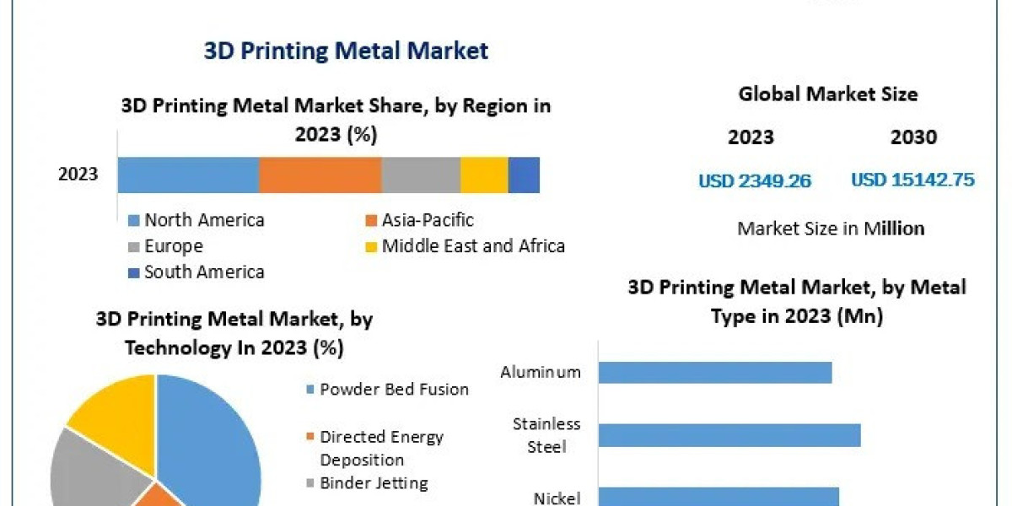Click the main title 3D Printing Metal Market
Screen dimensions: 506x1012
point(346,51)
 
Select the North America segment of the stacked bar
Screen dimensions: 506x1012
point(188,175)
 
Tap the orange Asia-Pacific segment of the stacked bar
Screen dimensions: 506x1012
point(320,175)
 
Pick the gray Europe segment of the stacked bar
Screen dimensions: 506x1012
point(420,175)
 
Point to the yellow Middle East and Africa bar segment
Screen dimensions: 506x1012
point(483,175)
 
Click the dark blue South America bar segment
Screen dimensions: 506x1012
point(523,175)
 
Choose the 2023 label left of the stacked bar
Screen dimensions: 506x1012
point(78,175)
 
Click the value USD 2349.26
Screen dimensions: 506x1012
point(755,180)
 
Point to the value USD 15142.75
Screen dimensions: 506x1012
point(912,180)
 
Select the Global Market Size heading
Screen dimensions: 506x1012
point(827,94)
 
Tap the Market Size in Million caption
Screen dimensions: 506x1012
point(831,228)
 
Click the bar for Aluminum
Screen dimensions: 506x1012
point(715,372)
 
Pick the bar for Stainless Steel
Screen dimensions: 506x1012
point(729,435)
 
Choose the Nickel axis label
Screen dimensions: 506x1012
point(557,498)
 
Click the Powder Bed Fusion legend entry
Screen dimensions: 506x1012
point(393,389)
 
